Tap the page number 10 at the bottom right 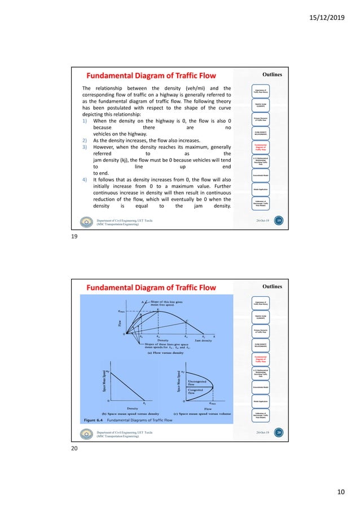point(340,493)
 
